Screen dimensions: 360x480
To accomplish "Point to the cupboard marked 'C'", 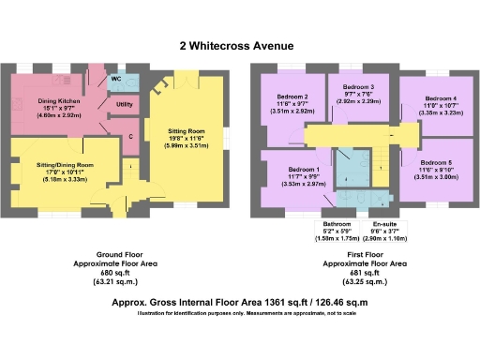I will [x=129, y=138].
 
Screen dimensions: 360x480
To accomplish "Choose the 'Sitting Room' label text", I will [x=190, y=133].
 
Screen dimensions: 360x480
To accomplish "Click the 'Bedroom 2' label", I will [x=292, y=97].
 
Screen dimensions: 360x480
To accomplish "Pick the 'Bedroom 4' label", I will [x=440, y=97].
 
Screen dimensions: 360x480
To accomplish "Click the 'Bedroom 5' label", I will [x=440, y=161].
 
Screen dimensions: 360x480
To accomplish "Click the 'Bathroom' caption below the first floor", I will [x=336, y=225].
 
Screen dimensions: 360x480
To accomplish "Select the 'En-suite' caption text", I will [x=385, y=225].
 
